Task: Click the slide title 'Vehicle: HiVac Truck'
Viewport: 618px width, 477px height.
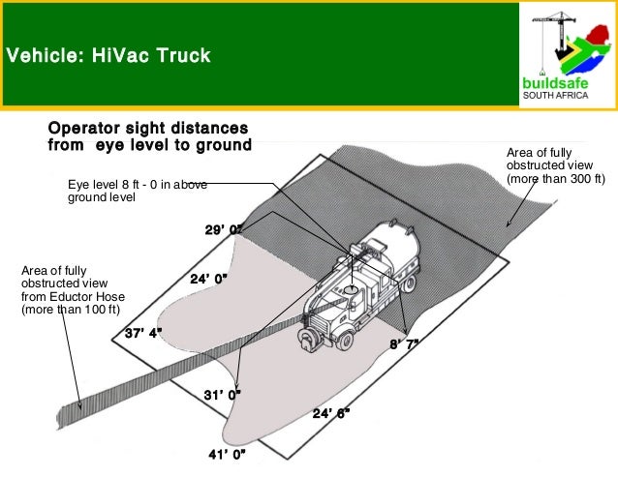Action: (108, 55)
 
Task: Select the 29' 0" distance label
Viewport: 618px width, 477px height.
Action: (223, 230)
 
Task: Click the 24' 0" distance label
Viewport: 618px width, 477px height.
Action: (208, 279)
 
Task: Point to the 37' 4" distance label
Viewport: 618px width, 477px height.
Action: (143, 333)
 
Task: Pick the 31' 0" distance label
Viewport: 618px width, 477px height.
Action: (222, 395)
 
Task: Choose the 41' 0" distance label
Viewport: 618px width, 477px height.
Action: (228, 454)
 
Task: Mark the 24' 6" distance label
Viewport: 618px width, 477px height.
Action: (331, 413)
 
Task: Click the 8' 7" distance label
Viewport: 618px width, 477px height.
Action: (405, 344)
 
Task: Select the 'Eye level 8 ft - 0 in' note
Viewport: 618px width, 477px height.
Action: (137, 191)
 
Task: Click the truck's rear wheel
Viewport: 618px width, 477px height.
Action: (410, 283)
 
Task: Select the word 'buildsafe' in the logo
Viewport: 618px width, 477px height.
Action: (555, 83)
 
